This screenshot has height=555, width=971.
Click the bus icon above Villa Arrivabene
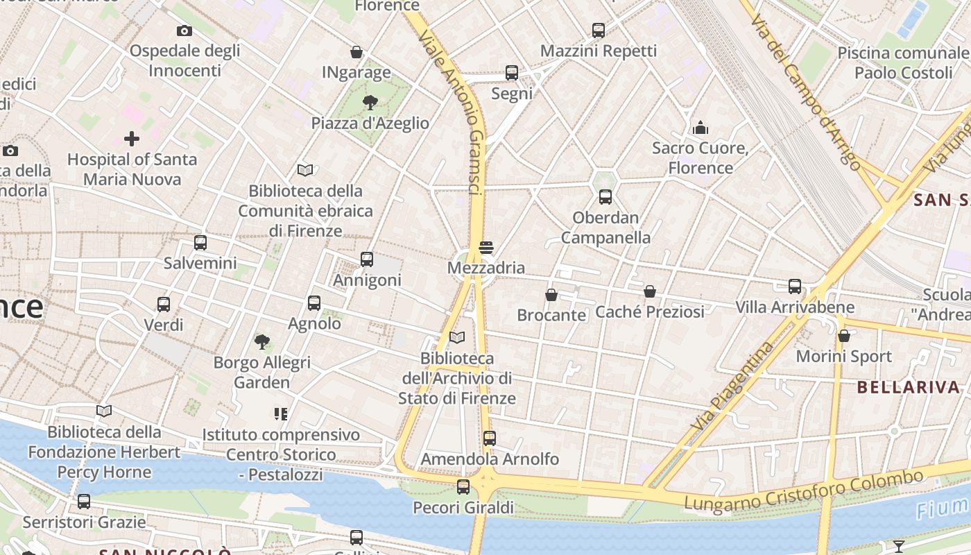pos(795,286)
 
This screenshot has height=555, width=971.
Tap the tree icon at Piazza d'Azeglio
pos(370,103)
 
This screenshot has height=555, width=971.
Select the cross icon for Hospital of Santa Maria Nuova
pos(132,139)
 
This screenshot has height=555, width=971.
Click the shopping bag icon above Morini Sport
pos(844,336)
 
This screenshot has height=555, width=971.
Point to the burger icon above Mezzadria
pos(486,247)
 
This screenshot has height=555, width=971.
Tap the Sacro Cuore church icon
pos(701,128)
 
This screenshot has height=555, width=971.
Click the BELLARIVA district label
pos(908,387)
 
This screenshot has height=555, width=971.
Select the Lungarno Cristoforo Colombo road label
pos(804,492)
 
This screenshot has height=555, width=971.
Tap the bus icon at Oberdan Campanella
pos(605,197)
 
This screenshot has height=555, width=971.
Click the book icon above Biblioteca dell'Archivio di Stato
pos(457,338)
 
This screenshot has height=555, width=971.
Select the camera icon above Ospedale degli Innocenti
pos(184,31)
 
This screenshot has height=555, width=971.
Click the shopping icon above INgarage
pos(356,52)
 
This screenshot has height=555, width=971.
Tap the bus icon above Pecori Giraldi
pos(463,487)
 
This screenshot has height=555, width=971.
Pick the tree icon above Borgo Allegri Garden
pos(261,341)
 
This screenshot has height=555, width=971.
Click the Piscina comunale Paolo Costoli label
pos(903,63)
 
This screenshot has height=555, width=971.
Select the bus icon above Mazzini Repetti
pos(599,31)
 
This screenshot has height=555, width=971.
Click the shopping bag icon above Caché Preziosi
pos(650,291)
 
